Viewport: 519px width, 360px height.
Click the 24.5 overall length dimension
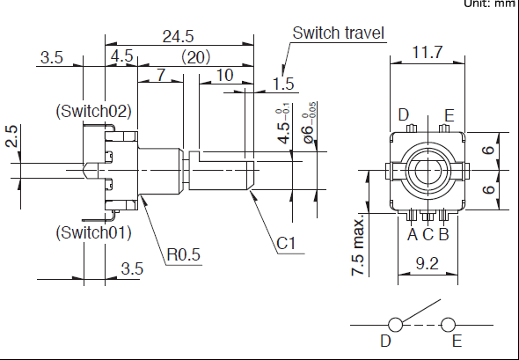(178, 36)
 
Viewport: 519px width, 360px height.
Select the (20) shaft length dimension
(195, 57)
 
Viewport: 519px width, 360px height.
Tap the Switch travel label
(339, 33)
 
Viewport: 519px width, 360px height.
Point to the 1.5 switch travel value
(283, 84)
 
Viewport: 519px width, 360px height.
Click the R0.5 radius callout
(184, 254)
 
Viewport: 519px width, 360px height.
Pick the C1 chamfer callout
(286, 244)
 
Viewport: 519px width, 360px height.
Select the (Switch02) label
(93, 111)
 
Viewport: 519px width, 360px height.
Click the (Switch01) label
(93, 232)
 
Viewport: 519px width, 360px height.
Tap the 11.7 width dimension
(428, 52)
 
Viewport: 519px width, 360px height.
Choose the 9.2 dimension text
(428, 264)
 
